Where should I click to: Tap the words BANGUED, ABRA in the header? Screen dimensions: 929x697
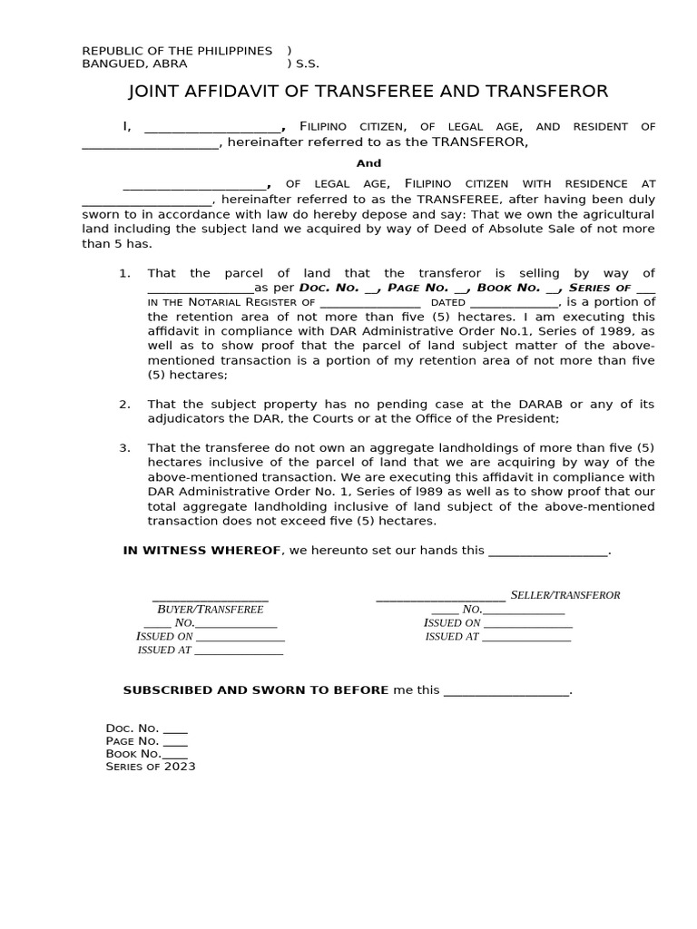(x=134, y=64)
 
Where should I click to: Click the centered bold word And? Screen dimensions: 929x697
(x=368, y=163)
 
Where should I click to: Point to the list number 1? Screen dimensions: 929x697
(x=125, y=273)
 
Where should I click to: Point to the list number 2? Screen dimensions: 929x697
(x=125, y=404)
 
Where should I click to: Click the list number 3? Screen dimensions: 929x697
(x=125, y=448)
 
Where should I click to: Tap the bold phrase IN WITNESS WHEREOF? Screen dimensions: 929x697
(x=201, y=551)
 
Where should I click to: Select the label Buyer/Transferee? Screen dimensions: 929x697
(x=211, y=610)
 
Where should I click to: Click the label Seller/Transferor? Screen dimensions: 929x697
(x=565, y=595)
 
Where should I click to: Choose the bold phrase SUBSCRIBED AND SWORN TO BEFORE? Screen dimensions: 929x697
(x=255, y=690)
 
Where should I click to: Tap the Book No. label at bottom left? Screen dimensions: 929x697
(x=133, y=753)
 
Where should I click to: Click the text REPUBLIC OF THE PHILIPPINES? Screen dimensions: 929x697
(x=177, y=51)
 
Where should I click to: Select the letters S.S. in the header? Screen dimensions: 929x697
(x=307, y=64)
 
